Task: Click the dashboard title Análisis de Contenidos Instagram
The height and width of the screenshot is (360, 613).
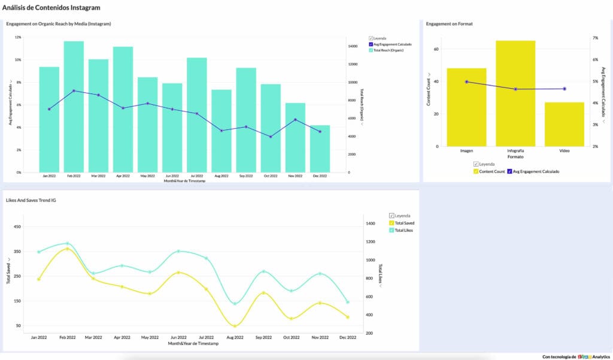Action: (51, 8)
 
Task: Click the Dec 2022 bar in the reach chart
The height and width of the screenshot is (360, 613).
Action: (320, 149)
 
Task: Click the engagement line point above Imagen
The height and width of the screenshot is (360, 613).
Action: (466, 82)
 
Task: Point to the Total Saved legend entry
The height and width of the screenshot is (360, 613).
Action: (405, 223)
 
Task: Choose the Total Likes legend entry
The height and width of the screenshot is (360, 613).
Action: (404, 230)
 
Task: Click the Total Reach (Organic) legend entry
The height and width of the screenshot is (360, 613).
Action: (388, 50)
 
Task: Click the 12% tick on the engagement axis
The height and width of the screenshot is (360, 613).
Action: (18, 37)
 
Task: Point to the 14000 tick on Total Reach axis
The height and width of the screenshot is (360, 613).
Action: (354, 46)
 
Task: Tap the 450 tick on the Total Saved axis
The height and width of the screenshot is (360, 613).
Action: (17, 226)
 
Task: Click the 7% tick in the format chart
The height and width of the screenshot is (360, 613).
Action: (595, 38)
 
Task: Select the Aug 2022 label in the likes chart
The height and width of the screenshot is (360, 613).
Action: (235, 338)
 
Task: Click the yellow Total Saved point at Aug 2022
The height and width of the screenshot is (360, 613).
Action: (235, 326)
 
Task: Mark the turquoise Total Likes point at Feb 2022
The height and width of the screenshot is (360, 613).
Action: (67, 243)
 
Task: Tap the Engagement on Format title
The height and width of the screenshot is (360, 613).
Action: (449, 24)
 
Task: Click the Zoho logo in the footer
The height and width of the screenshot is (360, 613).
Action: (584, 356)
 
